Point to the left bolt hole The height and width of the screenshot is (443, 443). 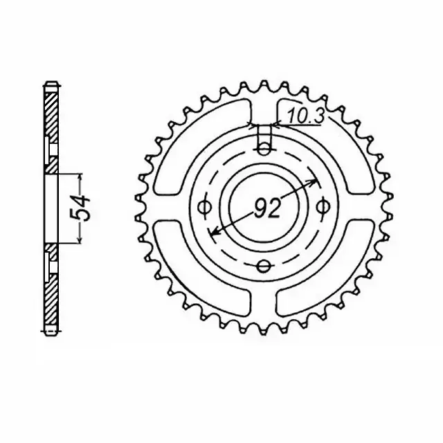click(204, 206)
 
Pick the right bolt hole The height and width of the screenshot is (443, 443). click(321, 206)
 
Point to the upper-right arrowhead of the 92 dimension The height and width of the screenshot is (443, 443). click(316, 181)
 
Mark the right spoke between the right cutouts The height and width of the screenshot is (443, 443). click(360, 207)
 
